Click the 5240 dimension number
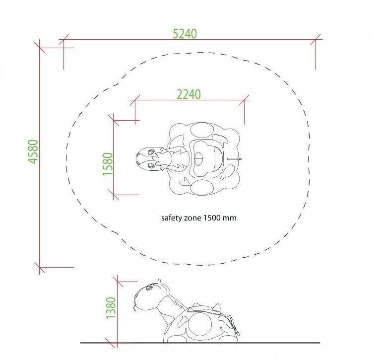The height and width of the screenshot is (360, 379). pyautogui.click(x=185, y=34)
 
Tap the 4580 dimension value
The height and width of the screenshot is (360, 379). pyautogui.click(x=33, y=151)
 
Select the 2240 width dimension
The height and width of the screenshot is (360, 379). pyautogui.click(x=189, y=94)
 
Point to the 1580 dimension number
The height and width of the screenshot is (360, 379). pyautogui.click(x=108, y=164)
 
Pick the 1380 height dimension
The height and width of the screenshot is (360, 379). pyautogui.click(x=111, y=308)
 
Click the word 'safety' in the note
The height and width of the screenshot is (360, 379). pyautogui.click(x=171, y=218)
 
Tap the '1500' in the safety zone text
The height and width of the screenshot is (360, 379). pyautogui.click(x=211, y=218)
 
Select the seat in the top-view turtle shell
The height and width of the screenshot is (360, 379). pyautogui.click(x=206, y=158)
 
